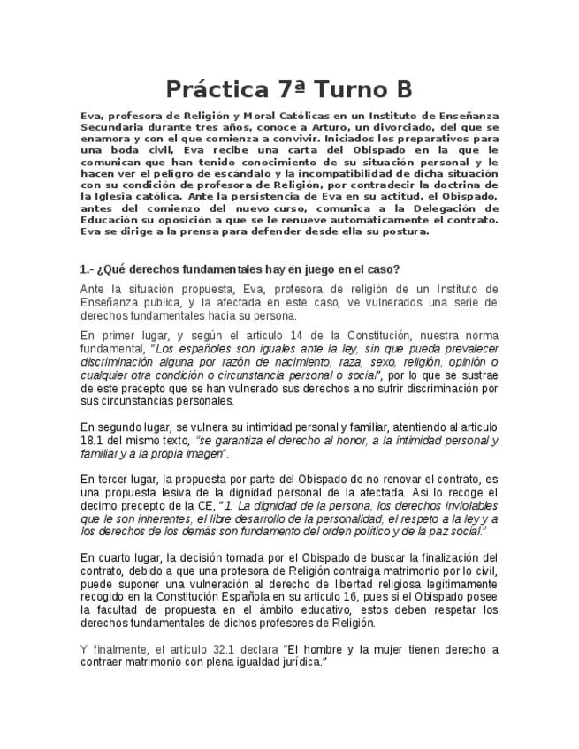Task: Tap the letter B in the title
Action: (x=402, y=89)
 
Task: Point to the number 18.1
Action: (x=91, y=440)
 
